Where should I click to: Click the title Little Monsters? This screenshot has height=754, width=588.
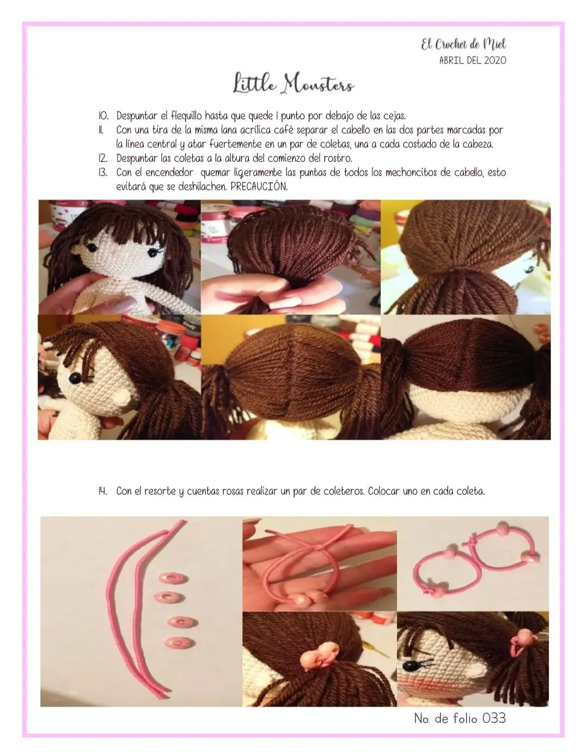(x=294, y=85)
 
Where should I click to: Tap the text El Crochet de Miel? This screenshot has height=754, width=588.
(x=463, y=45)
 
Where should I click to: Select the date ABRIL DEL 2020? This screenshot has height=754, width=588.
(x=472, y=60)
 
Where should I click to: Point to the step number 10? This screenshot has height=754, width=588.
(x=103, y=116)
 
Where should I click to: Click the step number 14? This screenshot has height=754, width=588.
(x=102, y=491)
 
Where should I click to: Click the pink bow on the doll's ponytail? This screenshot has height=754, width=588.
(x=320, y=658)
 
